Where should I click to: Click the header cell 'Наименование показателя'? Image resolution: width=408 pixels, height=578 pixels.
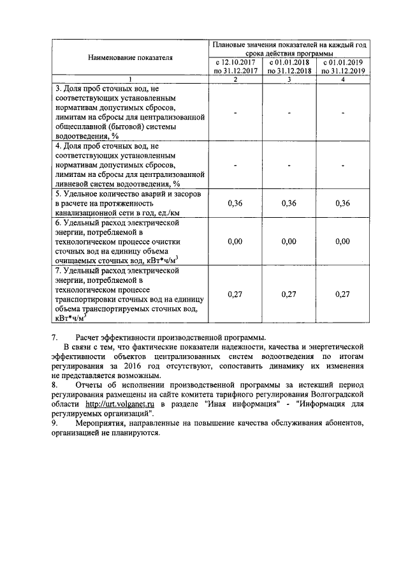pos(131,58)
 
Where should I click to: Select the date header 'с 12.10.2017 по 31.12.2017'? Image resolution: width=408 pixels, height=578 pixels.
pos(235,67)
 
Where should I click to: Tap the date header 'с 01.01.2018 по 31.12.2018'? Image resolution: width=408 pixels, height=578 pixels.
pos(289,67)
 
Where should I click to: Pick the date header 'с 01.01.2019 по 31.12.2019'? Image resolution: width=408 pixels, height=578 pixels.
pos(343,67)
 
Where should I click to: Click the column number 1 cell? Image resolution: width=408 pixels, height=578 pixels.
pos(131,79)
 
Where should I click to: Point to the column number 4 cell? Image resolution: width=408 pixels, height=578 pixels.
pos(343,79)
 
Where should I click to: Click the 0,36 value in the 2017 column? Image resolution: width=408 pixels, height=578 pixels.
pos(235,203)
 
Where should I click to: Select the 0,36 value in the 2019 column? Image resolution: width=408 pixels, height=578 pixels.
pos(343,203)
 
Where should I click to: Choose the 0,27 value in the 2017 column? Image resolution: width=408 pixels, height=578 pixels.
pos(235,294)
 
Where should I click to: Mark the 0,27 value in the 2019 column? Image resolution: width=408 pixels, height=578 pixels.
pos(343,294)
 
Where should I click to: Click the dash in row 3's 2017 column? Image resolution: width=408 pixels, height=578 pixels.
pos(235,113)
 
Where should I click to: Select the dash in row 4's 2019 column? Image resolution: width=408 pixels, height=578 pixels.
pos(343,165)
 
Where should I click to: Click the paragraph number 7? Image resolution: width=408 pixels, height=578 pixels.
pos(55,338)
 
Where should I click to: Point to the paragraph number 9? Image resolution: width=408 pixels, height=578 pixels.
pos(55,423)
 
